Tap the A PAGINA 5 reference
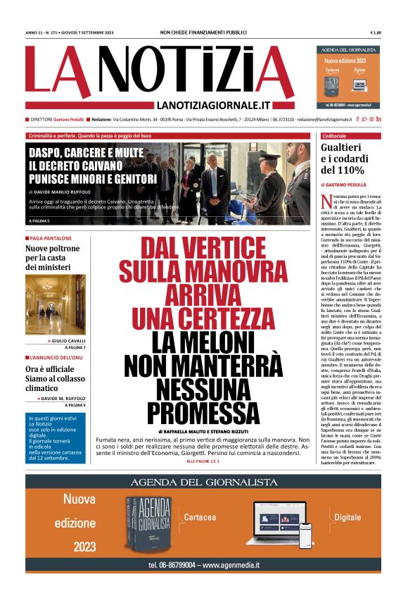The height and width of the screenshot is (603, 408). point(42,221)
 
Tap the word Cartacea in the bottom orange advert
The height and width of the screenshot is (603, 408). point(200,517)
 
